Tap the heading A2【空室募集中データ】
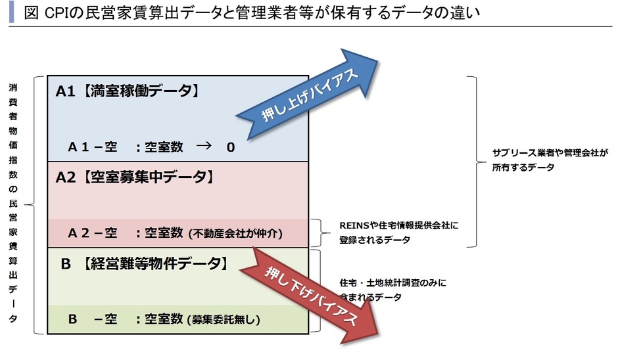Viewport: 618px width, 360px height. (134, 177)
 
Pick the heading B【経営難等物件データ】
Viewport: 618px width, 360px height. (145, 264)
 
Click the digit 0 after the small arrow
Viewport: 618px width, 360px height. (230, 147)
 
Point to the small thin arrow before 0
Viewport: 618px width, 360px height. (203, 146)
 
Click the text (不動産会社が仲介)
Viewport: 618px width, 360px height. (235, 233)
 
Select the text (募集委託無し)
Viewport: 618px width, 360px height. (224, 321)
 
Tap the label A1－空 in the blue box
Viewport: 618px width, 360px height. (92, 147)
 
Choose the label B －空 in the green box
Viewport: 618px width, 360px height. (92, 320)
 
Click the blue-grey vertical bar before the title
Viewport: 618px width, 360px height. (11, 13)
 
